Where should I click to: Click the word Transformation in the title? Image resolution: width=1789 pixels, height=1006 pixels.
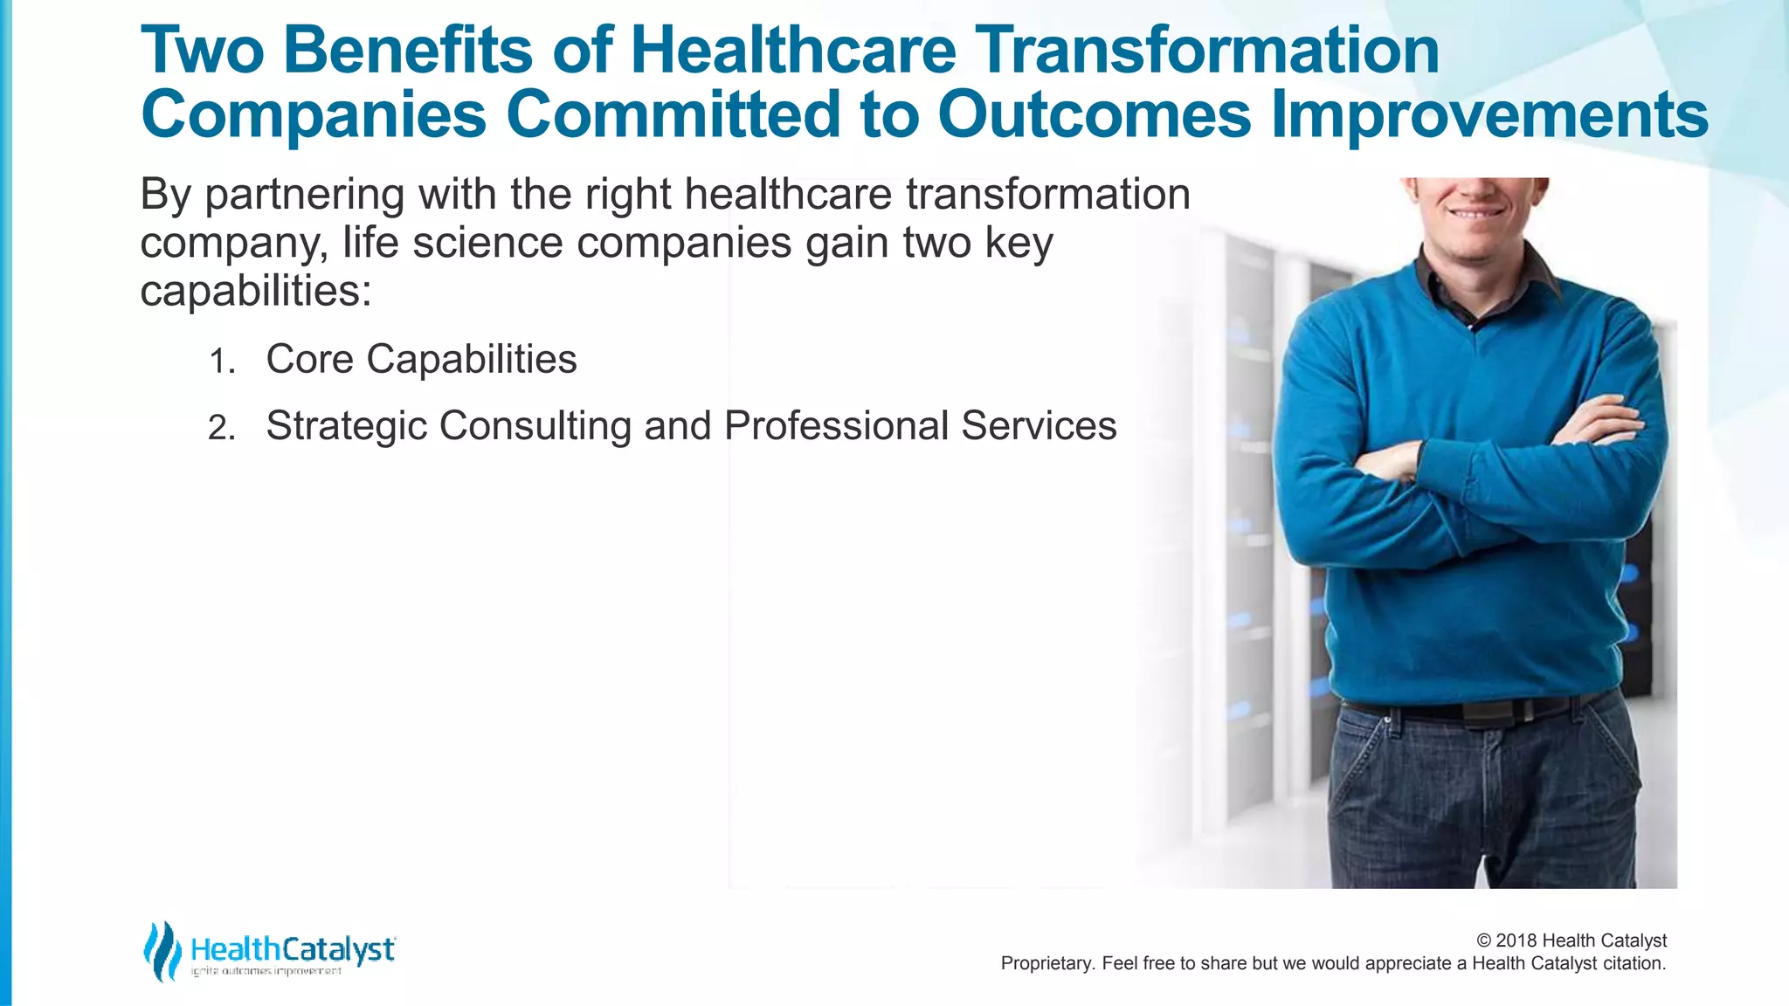point(1206,51)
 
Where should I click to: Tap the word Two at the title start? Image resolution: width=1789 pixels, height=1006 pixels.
point(202,51)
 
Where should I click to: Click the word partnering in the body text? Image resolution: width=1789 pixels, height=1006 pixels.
point(304,195)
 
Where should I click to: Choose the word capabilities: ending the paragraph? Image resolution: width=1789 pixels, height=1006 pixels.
point(256,291)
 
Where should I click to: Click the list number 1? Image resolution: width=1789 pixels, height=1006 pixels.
point(222,362)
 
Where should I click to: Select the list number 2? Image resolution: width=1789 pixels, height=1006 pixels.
point(222,428)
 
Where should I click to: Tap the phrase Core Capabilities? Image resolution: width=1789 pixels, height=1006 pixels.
point(421,359)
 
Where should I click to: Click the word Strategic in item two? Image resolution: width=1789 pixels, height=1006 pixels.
point(347,426)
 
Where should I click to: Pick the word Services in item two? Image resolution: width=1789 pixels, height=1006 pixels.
point(1039,426)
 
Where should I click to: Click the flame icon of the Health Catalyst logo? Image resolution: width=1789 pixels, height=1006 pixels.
point(162,951)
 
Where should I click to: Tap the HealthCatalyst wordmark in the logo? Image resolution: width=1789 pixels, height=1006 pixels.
point(293,948)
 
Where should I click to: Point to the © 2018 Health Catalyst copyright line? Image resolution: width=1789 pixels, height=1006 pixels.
point(1571,941)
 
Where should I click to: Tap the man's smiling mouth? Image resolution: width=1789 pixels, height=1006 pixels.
point(1476,212)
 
